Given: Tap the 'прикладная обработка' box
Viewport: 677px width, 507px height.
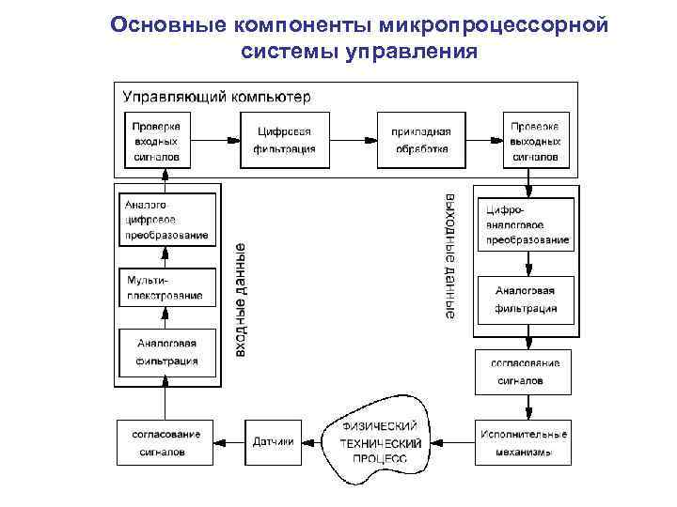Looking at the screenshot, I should coord(421,140).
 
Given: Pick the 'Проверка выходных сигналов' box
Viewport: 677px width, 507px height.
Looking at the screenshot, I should coord(535,140).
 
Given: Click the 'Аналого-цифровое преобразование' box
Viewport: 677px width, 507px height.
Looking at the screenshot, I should coord(165,219).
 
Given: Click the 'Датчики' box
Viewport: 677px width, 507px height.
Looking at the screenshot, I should coord(274,442).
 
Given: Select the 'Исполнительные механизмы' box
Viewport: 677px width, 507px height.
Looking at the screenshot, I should coord(523,441).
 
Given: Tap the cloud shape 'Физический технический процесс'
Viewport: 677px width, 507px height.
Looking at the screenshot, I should coord(380,441).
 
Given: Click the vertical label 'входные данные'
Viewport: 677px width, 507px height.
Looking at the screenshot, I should coord(241,299).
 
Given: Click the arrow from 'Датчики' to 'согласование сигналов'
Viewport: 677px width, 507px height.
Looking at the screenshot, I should coord(228,442).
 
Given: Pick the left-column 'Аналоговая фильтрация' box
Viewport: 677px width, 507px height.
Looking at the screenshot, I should coord(165,352).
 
